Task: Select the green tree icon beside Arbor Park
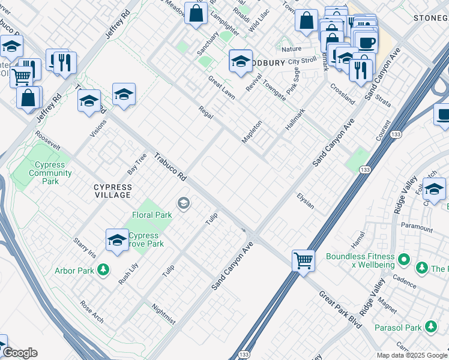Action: pos(104,271)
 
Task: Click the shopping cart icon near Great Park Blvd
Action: pos(304,261)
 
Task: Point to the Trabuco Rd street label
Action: pos(170,168)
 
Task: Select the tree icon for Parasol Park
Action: pos(430,327)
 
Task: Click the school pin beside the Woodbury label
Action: pos(241,61)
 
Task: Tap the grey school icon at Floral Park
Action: pos(183,204)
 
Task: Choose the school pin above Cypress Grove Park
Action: pos(117,240)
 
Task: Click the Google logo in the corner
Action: pos(20,353)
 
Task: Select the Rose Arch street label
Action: pos(92,311)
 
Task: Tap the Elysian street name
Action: pos(306,201)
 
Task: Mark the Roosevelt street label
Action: pos(47,142)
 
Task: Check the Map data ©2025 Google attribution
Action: pos(412,355)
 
